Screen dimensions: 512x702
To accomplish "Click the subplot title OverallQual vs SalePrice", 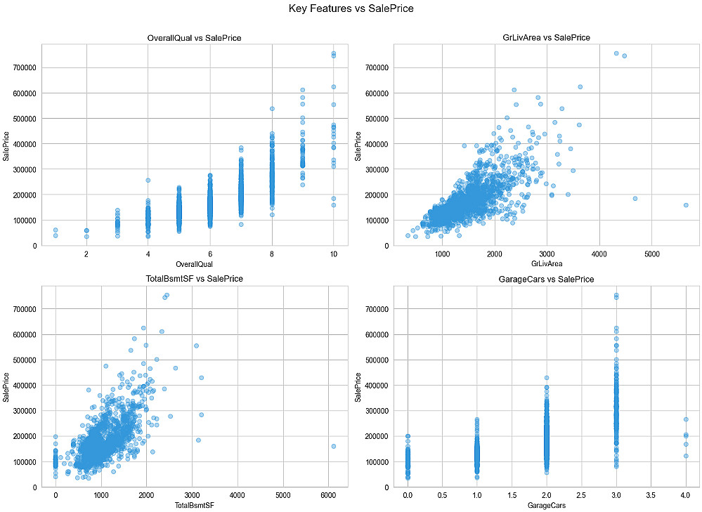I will pyautogui.click(x=195, y=37).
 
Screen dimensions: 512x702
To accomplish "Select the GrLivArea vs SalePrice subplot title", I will pyautogui.click(x=546, y=37).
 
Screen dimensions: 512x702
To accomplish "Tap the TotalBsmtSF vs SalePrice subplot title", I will pyautogui.click(x=195, y=279).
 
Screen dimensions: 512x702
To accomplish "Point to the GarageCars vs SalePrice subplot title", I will pyautogui.click(x=546, y=279).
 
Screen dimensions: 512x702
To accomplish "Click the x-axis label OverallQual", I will pyautogui.click(x=195, y=264).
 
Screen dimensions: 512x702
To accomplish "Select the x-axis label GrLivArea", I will pyautogui.click(x=546, y=264).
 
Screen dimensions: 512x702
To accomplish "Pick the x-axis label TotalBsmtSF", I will pyautogui.click(x=195, y=505).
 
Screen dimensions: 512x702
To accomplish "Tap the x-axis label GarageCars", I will pyautogui.click(x=546, y=505).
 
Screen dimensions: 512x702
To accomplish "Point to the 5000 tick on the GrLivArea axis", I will pyautogui.click(x=651, y=254).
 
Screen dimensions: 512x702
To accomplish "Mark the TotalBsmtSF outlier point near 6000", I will pyautogui.click(x=333, y=446).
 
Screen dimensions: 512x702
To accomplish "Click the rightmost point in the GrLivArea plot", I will pyautogui.click(x=686, y=205).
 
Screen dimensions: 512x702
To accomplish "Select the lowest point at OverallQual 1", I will pyautogui.click(x=56, y=236).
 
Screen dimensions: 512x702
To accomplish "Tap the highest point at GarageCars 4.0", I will pyautogui.click(x=685, y=419).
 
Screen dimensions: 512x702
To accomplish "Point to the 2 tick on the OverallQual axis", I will pyautogui.click(x=86, y=254).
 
